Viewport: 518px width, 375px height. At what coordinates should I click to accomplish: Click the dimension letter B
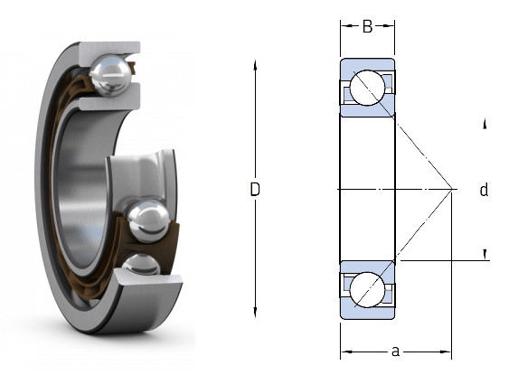click(x=367, y=26)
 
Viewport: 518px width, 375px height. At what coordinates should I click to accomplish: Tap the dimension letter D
click(x=255, y=190)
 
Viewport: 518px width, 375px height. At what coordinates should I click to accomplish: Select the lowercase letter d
click(x=484, y=190)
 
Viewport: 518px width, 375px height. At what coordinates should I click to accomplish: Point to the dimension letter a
click(x=395, y=352)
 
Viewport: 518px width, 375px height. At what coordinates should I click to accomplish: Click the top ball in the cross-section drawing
click(x=367, y=88)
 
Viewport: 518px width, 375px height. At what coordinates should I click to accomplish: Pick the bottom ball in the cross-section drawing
click(x=367, y=290)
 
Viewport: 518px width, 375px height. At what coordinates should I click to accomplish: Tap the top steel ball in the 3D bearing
click(x=109, y=76)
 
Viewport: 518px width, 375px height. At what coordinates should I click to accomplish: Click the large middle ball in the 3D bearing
click(x=148, y=221)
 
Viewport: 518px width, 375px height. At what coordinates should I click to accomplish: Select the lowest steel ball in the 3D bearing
click(x=141, y=265)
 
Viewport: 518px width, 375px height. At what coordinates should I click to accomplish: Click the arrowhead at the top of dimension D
click(x=255, y=65)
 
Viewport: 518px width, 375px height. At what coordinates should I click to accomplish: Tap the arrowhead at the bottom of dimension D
click(x=255, y=313)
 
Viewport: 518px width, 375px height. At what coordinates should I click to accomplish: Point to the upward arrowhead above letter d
click(x=485, y=124)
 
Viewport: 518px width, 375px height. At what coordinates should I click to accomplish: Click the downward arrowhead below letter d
click(x=485, y=254)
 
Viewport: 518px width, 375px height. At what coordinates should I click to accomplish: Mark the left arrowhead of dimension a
click(x=346, y=352)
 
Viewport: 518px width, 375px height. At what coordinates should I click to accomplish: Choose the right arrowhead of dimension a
click(x=446, y=352)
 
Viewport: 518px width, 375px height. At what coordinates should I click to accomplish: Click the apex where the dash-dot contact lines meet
click(x=452, y=189)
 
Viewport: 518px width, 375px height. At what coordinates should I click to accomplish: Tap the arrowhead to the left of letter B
click(x=346, y=26)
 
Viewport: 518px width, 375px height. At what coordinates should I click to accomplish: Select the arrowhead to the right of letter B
click(x=389, y=26)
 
